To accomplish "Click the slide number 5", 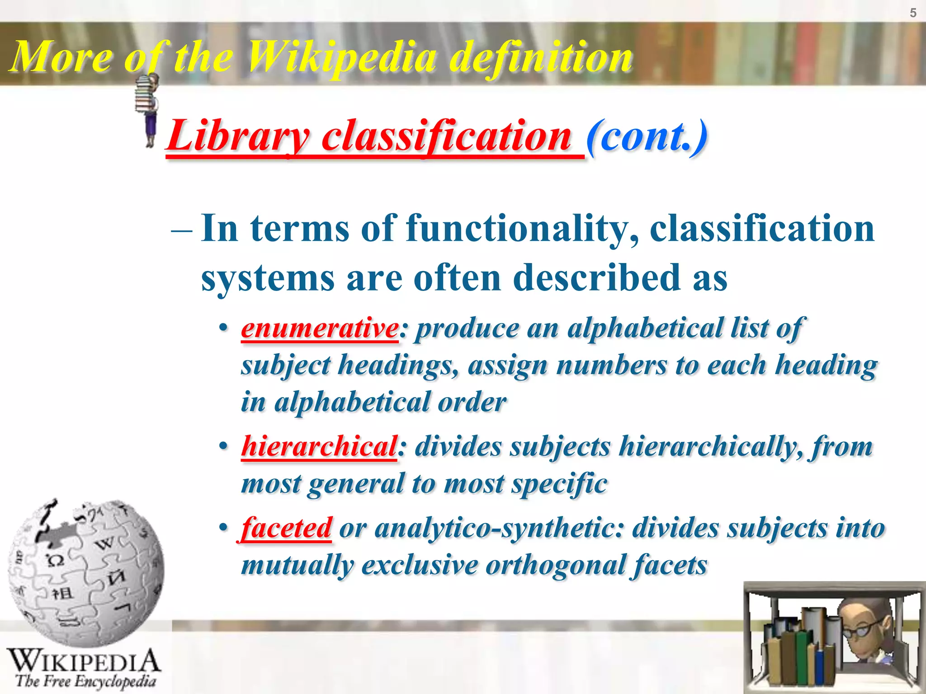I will click(913, 13).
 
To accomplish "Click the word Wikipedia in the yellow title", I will click(342, 57).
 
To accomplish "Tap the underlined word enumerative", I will click(320, 328).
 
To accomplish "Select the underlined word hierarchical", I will click(319, 446).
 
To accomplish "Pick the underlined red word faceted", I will click(287, 528).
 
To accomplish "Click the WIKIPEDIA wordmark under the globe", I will click(84, 661).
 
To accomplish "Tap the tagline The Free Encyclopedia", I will click(85, 681).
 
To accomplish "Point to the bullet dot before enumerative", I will click(222, 328).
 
